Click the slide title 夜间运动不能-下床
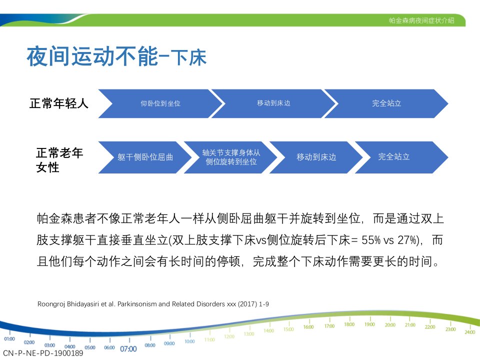pos(116,56)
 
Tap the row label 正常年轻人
pos(59,103)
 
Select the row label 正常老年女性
pos(59,160)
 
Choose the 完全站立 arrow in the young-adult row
pos(386,103)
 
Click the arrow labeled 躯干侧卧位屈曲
pos(145,157)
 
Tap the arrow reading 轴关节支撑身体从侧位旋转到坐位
pos(231,157)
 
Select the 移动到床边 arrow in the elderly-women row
pos(316,157)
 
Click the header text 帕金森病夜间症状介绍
pos(421,20)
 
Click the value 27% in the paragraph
pos(407,240)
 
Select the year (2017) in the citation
pos(247,304)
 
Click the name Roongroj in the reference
pos(51,304)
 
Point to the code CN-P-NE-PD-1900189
pos(43,353)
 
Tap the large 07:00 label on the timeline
pos(128,349)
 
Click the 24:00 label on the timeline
pos(470,332)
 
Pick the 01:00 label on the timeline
pos(9,339)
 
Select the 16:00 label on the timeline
pos(308,327)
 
